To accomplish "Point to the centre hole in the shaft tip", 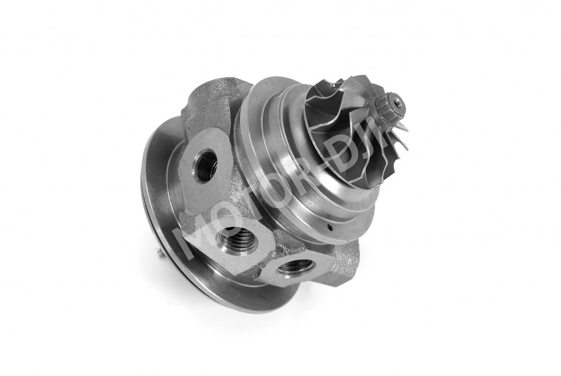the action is point(397,101).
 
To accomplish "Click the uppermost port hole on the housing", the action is point(204,163).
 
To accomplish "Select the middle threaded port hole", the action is point(238,238).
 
